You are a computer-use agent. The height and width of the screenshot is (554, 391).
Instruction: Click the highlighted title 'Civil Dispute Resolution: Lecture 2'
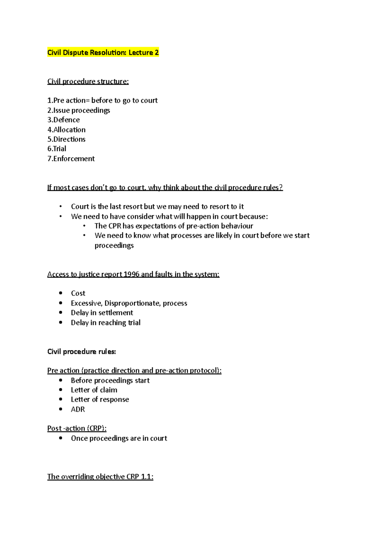click(103, 53)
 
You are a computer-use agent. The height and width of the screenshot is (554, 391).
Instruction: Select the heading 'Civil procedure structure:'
click(88, 82)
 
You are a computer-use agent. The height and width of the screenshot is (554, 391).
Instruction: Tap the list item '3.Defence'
click(64, 120)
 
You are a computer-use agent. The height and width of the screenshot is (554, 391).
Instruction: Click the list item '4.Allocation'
click(66, 130)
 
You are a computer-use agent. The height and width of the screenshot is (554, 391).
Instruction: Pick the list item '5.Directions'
click(66, 139)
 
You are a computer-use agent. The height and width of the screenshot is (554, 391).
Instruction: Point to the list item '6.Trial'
click(57, 149)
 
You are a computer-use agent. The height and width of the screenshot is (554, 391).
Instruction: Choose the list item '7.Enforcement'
click(71, 159)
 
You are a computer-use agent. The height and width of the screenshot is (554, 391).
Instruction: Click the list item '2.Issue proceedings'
click(79, 111)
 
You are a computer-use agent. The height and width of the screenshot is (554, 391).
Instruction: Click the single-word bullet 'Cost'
click(78, 293)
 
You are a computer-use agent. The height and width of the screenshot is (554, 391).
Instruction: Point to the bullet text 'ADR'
click(78, 409)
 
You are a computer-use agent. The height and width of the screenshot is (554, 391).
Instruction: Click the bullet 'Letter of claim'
click(94, 390)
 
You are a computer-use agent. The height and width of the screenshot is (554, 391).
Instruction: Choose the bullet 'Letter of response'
click(100, 400)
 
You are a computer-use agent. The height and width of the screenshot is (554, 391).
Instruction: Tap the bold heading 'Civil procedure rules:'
click(81, 352)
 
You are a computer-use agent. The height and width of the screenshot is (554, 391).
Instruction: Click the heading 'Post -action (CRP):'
click(77, 428)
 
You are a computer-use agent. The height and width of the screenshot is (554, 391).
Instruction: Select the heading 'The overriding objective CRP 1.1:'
click(100, 477)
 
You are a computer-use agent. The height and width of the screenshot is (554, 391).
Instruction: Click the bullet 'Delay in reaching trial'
click(106, 323)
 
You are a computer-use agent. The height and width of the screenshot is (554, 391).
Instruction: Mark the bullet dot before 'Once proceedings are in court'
click(61, 438)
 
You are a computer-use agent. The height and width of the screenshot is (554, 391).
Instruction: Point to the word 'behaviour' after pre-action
click(237, 226)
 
